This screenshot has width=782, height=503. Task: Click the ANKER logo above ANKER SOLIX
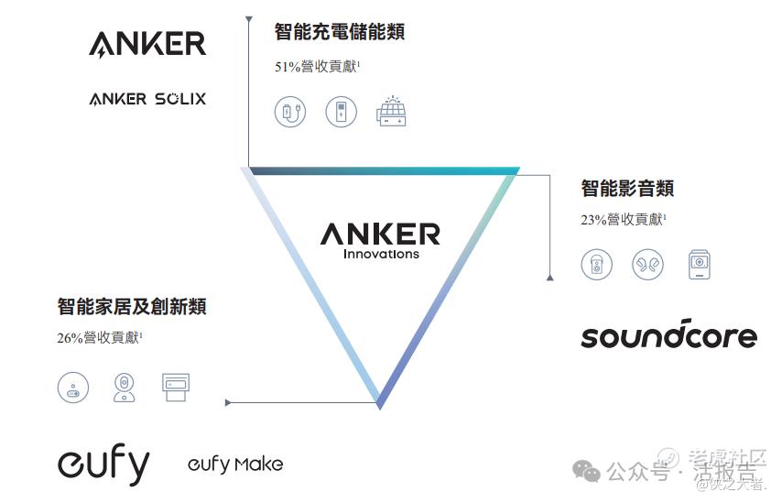coord(147,43)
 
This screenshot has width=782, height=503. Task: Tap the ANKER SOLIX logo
coord(147,98)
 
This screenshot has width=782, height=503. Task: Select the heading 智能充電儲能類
coord(339,32)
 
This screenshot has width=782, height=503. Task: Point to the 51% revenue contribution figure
coord(317,67)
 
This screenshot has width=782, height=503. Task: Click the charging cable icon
coord(289,113)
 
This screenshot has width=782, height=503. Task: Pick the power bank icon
coord(341,113)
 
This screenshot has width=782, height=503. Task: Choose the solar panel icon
coord(391,111)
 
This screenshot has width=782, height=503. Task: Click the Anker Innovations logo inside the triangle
coord(380,240)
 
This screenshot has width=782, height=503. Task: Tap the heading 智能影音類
coord(627,189)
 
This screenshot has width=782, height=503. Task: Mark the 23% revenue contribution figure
coord(623,220)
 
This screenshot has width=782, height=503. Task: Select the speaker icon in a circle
coord(596,265)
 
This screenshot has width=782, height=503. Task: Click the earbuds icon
coord(647,265)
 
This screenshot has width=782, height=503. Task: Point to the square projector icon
coord(700,265)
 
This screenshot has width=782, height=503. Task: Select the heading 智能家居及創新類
coord(132,306)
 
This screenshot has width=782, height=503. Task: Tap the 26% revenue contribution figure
coord(99,338)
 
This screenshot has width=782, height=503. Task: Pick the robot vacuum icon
coord(72,388)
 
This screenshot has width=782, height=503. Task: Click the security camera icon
coord(124,388)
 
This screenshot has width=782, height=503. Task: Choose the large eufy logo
coord(103,465)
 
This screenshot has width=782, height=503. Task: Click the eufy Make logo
coord(235,465)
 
